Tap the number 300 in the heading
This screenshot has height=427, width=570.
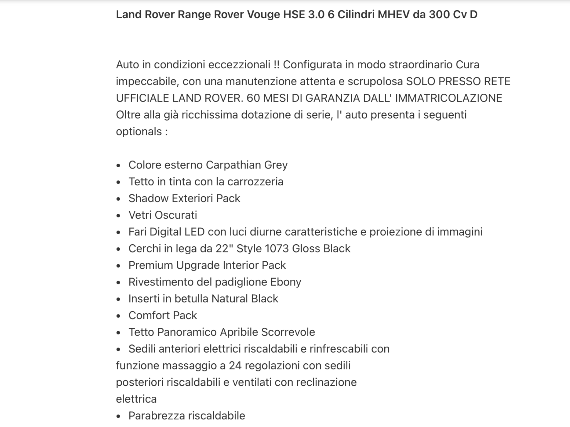click(x=439, y=14)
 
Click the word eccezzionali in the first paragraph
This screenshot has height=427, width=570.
click(x=239, y=65)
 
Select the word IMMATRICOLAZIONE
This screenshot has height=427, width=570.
click(x=449, y=98)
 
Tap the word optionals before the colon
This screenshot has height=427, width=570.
click(x=139, y=131)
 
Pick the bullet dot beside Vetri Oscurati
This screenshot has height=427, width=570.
click(x=119, y=216)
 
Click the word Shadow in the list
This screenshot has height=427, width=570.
click(x=148, y=198)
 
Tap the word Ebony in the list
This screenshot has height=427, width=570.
click(x=286, y=282)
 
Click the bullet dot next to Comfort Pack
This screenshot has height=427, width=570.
click(x=119, y=316)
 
